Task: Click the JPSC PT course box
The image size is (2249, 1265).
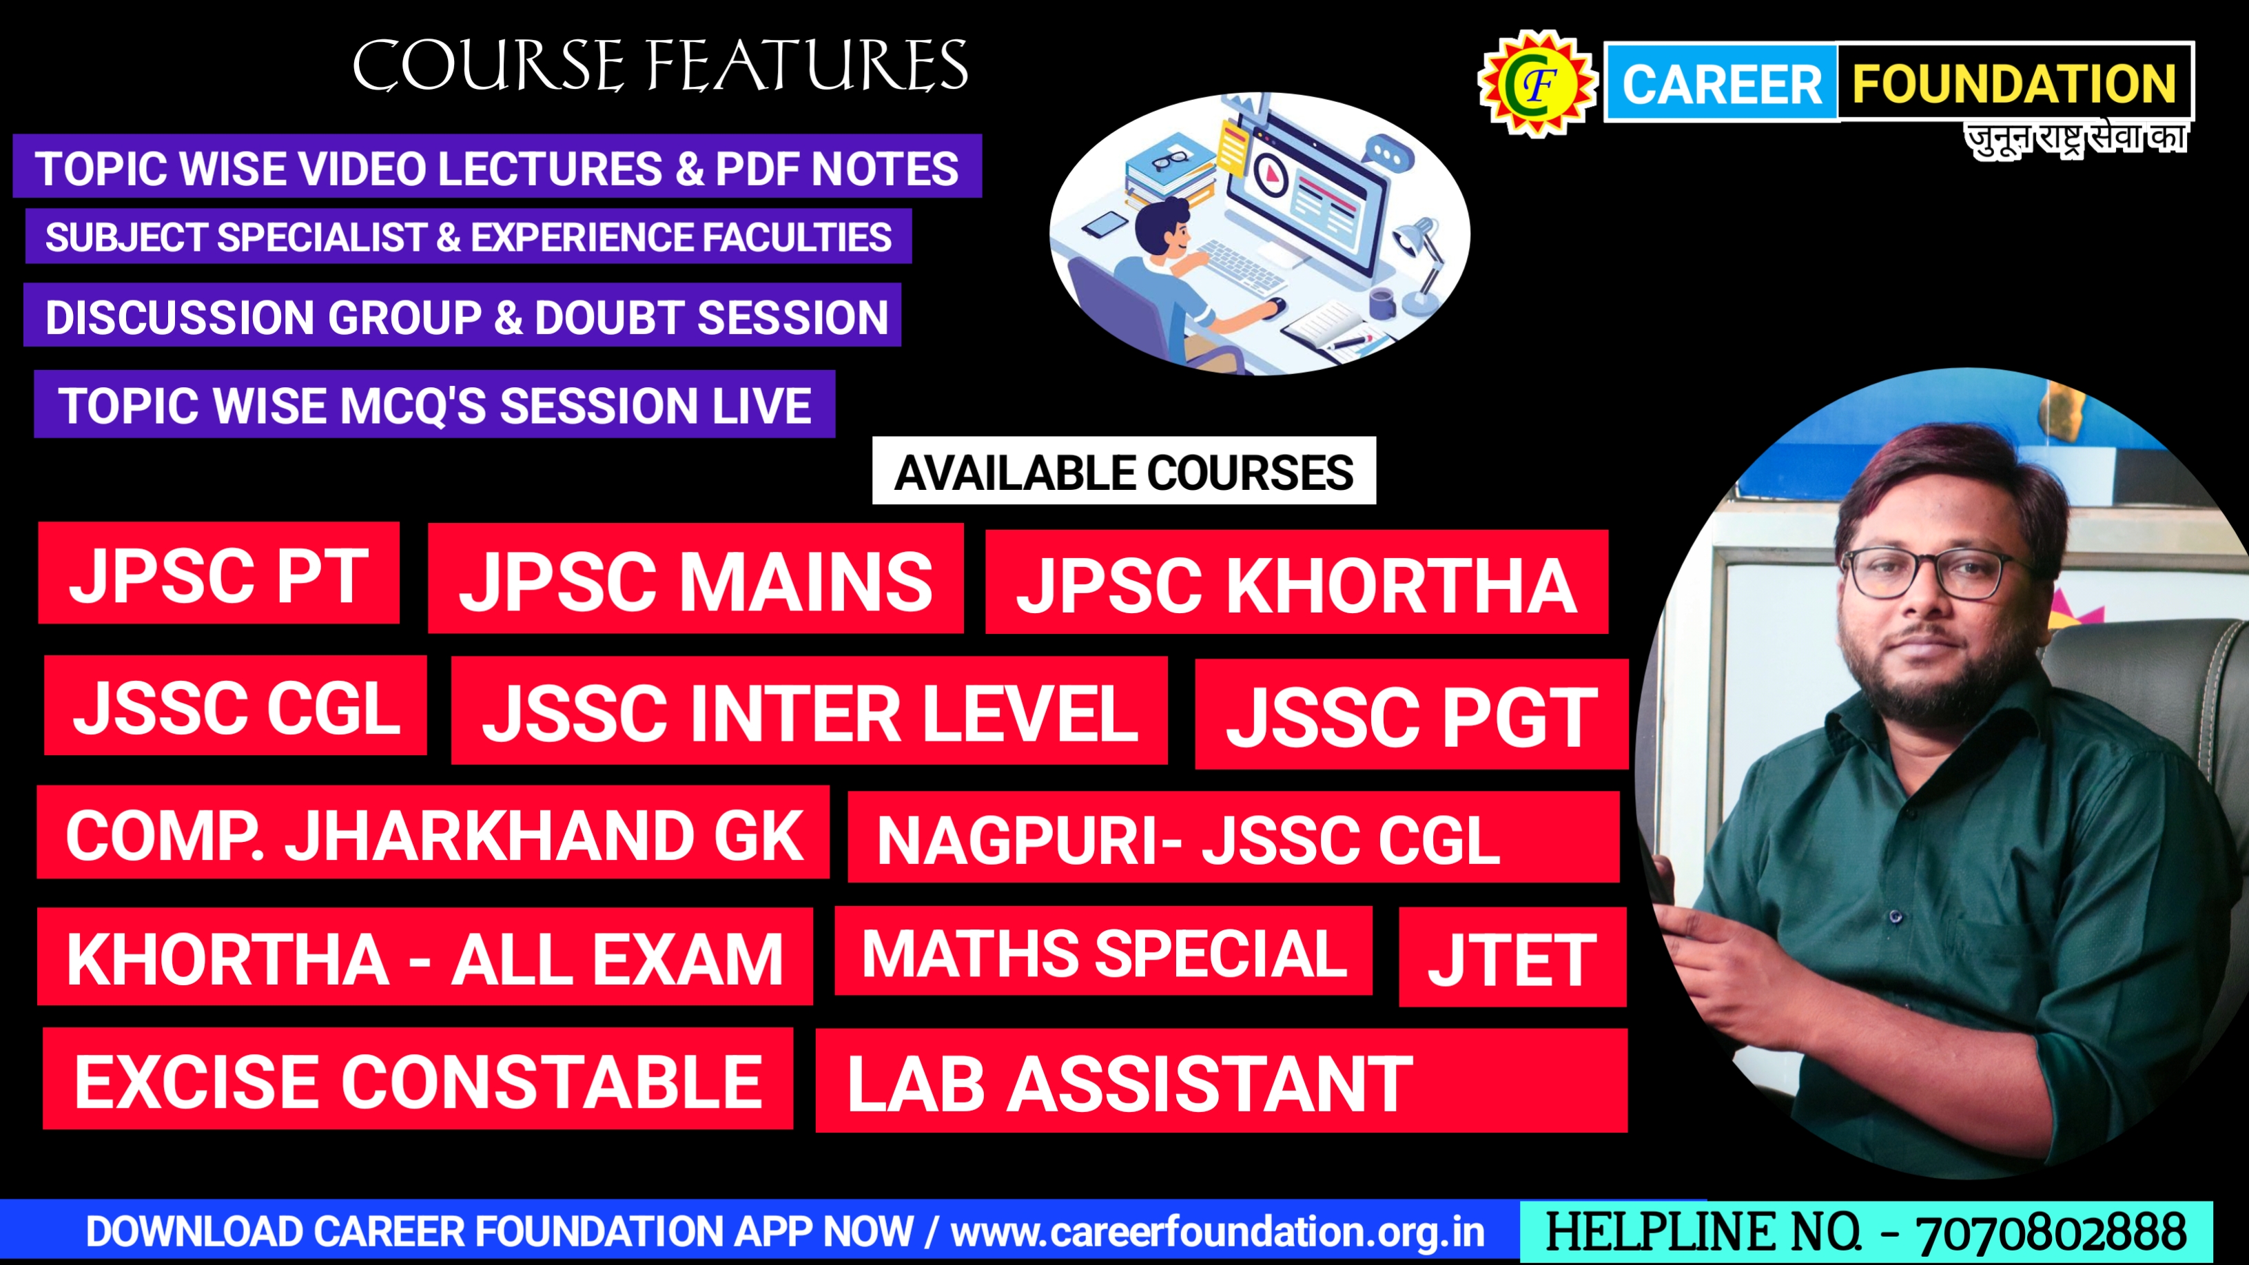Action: click(x=219, y=573)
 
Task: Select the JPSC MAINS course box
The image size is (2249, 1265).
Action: click(x=696, y=578)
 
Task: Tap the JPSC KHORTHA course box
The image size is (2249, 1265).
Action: click(x=1297, y=582)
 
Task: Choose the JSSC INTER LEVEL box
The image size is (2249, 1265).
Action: click(x=810, y=710)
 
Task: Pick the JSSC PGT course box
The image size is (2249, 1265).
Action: click(x=1412, y=714)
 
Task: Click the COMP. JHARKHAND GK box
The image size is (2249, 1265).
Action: click(x=433, y=832)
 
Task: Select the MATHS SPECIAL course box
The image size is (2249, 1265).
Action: click(x=1104, y=951)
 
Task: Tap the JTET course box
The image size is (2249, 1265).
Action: click(x=1512, y=957)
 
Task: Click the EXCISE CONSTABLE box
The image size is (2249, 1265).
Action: click(x=418, y=1078)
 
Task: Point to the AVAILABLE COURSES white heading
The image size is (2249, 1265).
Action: click(x=1124, y=471)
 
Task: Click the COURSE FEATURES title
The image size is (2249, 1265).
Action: click(x=660, y=65)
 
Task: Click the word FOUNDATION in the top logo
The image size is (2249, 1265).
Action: click(x=2014, y=83)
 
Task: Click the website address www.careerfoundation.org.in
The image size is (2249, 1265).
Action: click(x=1218, y=1232)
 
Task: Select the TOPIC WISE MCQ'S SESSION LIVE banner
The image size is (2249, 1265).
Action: click(x=435, y=404)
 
